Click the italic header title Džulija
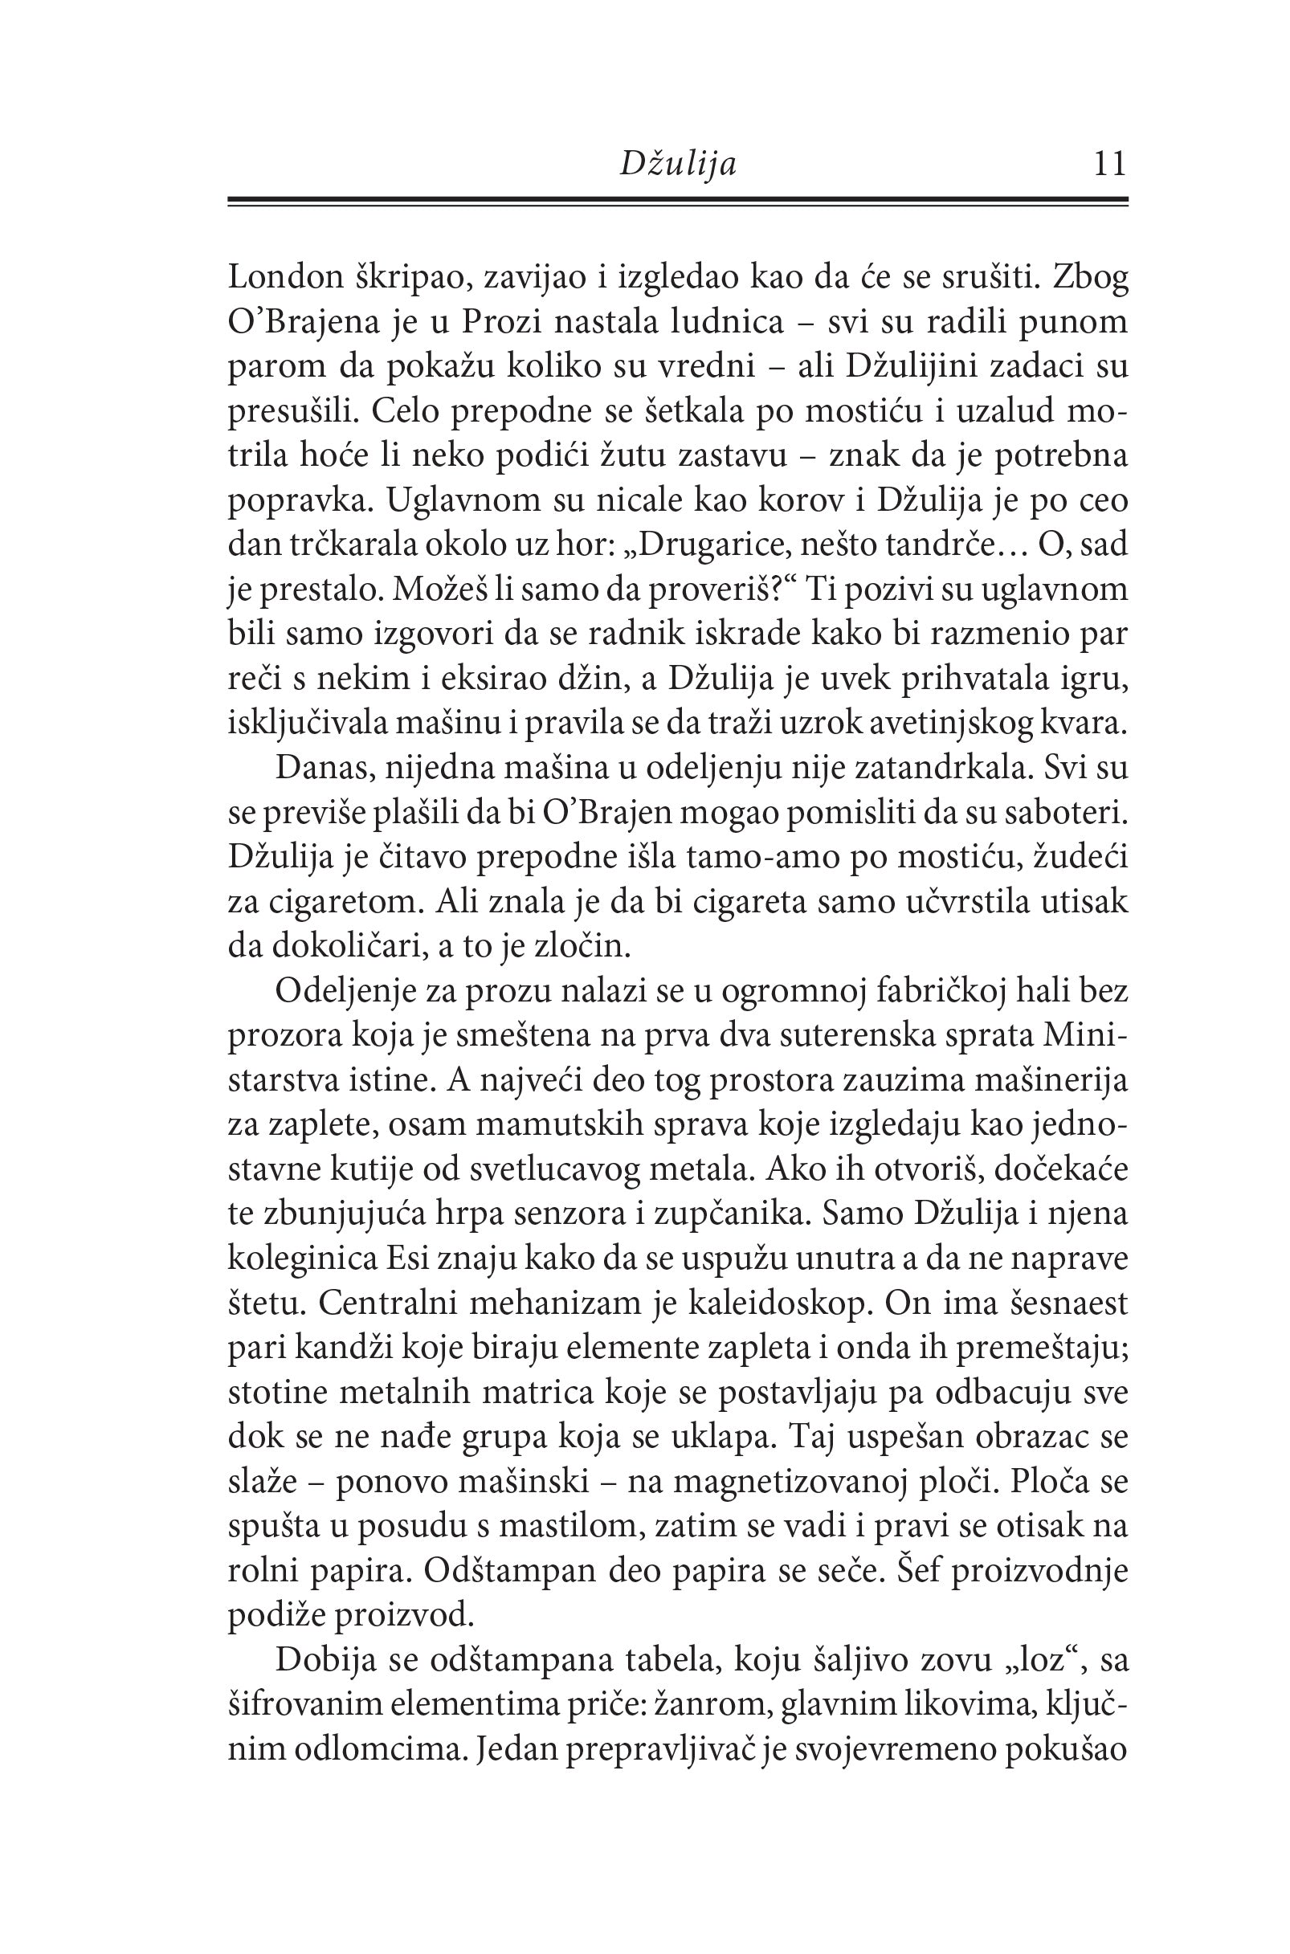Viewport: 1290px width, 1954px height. [x=677, y=165]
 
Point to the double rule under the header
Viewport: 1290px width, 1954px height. [x=677, y=202]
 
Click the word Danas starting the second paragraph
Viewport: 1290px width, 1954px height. [x=321, y=768]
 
